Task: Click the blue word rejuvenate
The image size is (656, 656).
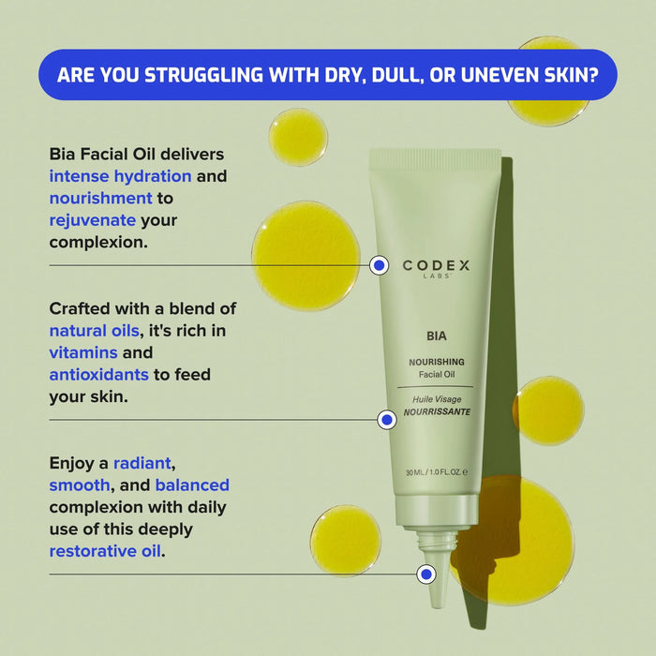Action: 92,220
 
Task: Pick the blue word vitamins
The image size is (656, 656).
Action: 82,352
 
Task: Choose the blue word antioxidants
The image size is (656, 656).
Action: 98,375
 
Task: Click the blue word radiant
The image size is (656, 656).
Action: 143,463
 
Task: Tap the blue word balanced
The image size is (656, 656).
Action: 192,485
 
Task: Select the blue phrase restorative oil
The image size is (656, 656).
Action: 105,551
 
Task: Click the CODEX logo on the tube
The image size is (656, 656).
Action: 436,266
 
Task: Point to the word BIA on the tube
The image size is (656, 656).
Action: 436,333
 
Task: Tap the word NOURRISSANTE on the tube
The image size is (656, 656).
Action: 437,411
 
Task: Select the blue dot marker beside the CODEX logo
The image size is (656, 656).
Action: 379,266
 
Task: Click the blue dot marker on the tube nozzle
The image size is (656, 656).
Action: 426,573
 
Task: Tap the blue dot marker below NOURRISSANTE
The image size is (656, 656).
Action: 386,421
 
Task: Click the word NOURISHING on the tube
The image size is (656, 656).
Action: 437,361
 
